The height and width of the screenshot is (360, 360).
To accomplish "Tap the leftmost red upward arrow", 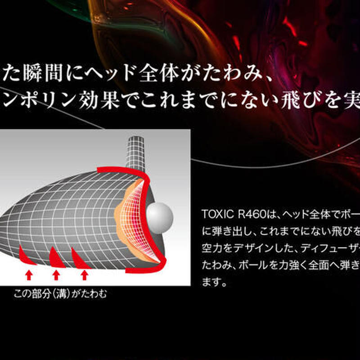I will [x=28, y=274].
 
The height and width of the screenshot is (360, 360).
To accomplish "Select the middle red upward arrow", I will [x=56, y=274].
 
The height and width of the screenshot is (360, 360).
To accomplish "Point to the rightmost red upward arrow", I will [x=84, y=274].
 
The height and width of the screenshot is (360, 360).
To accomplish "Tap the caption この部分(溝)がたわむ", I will [x=60, y=294].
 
